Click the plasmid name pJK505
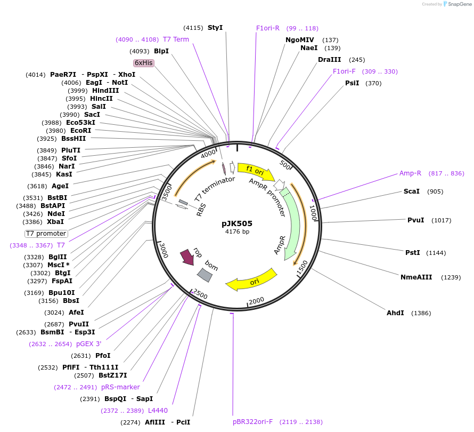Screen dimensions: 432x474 click(237, 223)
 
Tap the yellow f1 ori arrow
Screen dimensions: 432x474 click(256, 171)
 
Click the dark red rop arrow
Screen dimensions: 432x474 click(187, 257)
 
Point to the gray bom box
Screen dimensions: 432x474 click(205, 275)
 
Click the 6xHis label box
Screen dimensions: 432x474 click(143, 63)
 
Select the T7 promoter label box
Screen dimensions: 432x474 click(46, 234)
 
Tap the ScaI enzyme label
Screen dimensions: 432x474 click(412, 191)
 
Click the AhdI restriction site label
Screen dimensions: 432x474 click(395, 313)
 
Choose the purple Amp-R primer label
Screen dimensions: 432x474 click(410, 173)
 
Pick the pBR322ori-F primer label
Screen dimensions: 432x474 click(252, 422)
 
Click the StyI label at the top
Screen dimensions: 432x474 click(215, 28)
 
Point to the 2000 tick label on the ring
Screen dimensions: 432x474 click(256, 301)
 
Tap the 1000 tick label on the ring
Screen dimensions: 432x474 click(313, 213)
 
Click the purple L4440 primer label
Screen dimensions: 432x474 click(158, 410)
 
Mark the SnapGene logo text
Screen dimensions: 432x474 click(458, 4)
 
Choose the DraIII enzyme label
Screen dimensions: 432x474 click(329, 60)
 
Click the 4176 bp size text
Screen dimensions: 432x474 click(237, 231)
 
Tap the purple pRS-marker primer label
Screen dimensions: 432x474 click(120, 387)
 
